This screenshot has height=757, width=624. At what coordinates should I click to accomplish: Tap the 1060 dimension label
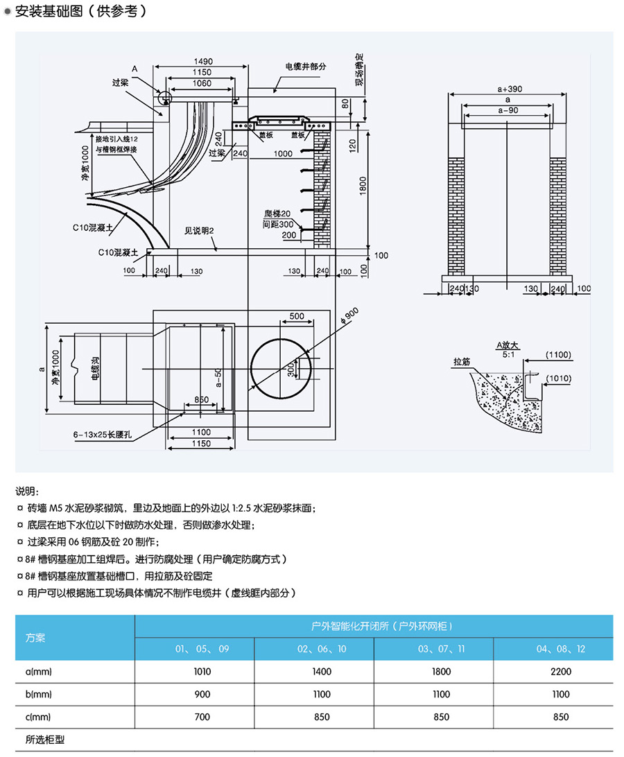(201, 83)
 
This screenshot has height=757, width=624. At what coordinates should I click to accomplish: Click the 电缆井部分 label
(305, 67)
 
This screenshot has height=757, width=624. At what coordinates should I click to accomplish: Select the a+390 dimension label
(510, 89)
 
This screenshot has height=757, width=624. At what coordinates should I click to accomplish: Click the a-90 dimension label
(508, 110)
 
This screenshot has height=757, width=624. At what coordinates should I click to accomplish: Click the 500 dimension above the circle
(297, 316)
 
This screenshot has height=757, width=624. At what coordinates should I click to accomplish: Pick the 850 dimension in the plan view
(201, 400)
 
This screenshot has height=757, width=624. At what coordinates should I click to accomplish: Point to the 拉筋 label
(462, 362)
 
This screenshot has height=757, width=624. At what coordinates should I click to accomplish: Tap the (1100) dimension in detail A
(558, 355)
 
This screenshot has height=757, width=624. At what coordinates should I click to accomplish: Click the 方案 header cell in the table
(35, 637)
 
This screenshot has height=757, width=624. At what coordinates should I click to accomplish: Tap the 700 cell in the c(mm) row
(202, 717)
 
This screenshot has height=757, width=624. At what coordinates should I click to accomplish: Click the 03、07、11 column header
(442, 650)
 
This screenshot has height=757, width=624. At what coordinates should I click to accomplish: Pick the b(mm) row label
(39, 694)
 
